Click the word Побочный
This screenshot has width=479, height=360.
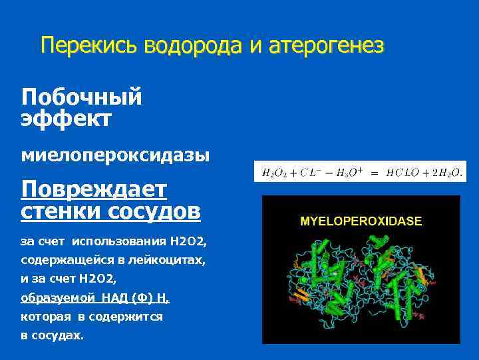coord(81,97)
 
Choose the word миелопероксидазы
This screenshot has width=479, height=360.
coord(115,155)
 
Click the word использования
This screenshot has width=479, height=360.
coord(112,241)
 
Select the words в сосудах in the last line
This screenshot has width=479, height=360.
coord(53,335)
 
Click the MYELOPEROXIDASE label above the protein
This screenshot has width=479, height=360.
coord(361,221)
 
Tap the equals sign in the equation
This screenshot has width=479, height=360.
coord(375,173)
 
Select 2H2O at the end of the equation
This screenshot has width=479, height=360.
coord(447,173)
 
